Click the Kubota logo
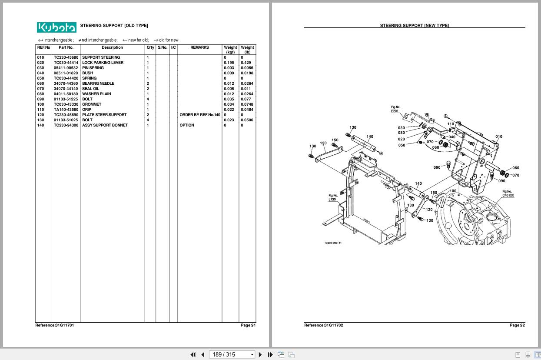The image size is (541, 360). pyautogui.click(x=56, y=27)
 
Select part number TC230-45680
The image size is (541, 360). pyautogui.click(x=66, y=57)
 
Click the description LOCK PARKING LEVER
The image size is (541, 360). pyautogui.click(x=103, y=63)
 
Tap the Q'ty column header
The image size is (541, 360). pyautogui.click(x=150, y=47)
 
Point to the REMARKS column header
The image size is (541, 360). pyautogui.click(x=199, y=47)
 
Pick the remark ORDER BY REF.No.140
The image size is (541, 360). pyautogui.click(x=200, y=115)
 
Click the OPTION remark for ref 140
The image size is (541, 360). pyautogui.click(x=187, y=125)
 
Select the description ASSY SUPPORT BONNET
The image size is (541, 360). pyautogui.click(x=105, y=125)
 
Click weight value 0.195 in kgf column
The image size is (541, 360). pyautogui.click(x=229, y=63)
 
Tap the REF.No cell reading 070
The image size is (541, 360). pyautogui.click(x=40, y=89)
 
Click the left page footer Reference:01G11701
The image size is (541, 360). pyautogui.click(x=55, y=325)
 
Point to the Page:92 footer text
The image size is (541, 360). pyautogui.click(x=517, y=325)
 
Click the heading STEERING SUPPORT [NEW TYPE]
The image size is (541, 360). pyautogui.click(x=415, y=26)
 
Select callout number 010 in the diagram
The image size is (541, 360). pyautogui.click(x=499, y=137)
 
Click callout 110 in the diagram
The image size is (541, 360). pyautogui.click(x=451, y=124)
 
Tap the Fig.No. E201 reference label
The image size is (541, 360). pyautogui.click(x=395, y=109)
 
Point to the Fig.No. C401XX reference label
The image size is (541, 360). pyautogui.click(x=508, y=193)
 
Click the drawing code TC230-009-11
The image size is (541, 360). pyautogui.click(x=333, y=243)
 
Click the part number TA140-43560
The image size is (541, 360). pyautogui.click(x=66, y=110)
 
